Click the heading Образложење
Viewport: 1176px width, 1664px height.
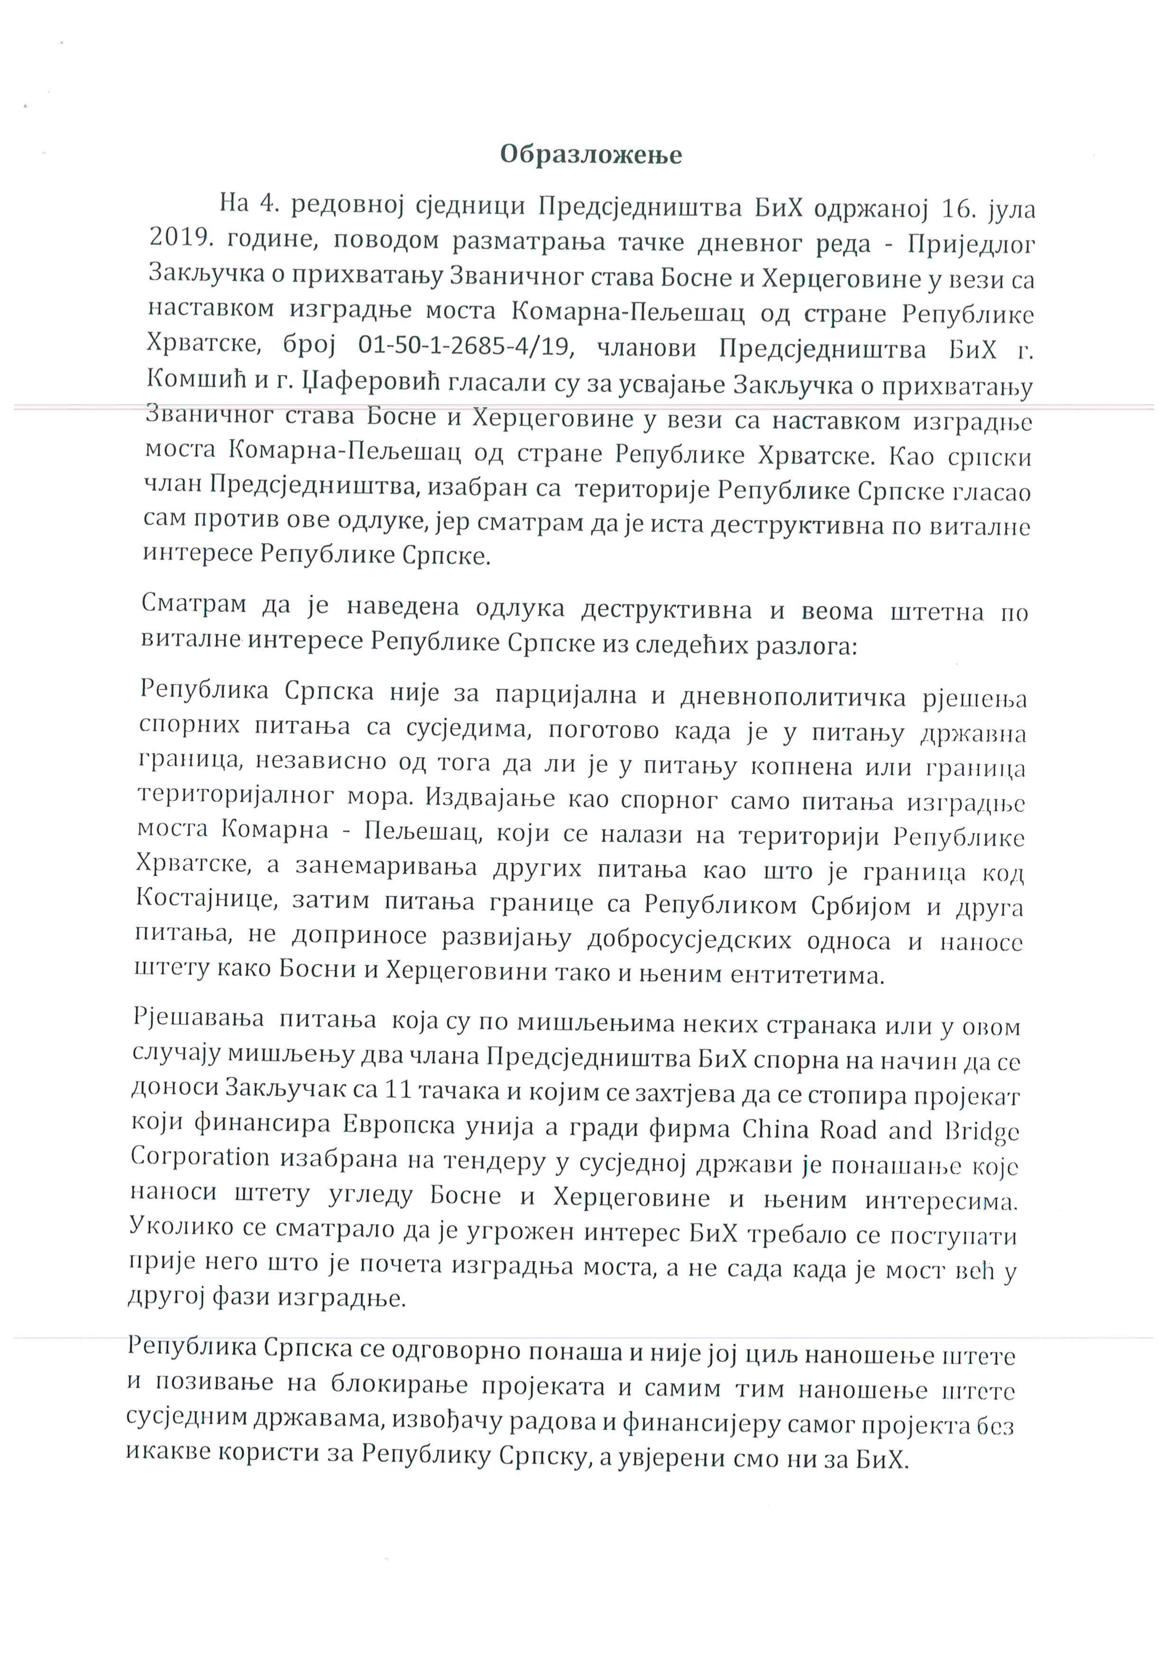[x=590, y=155]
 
